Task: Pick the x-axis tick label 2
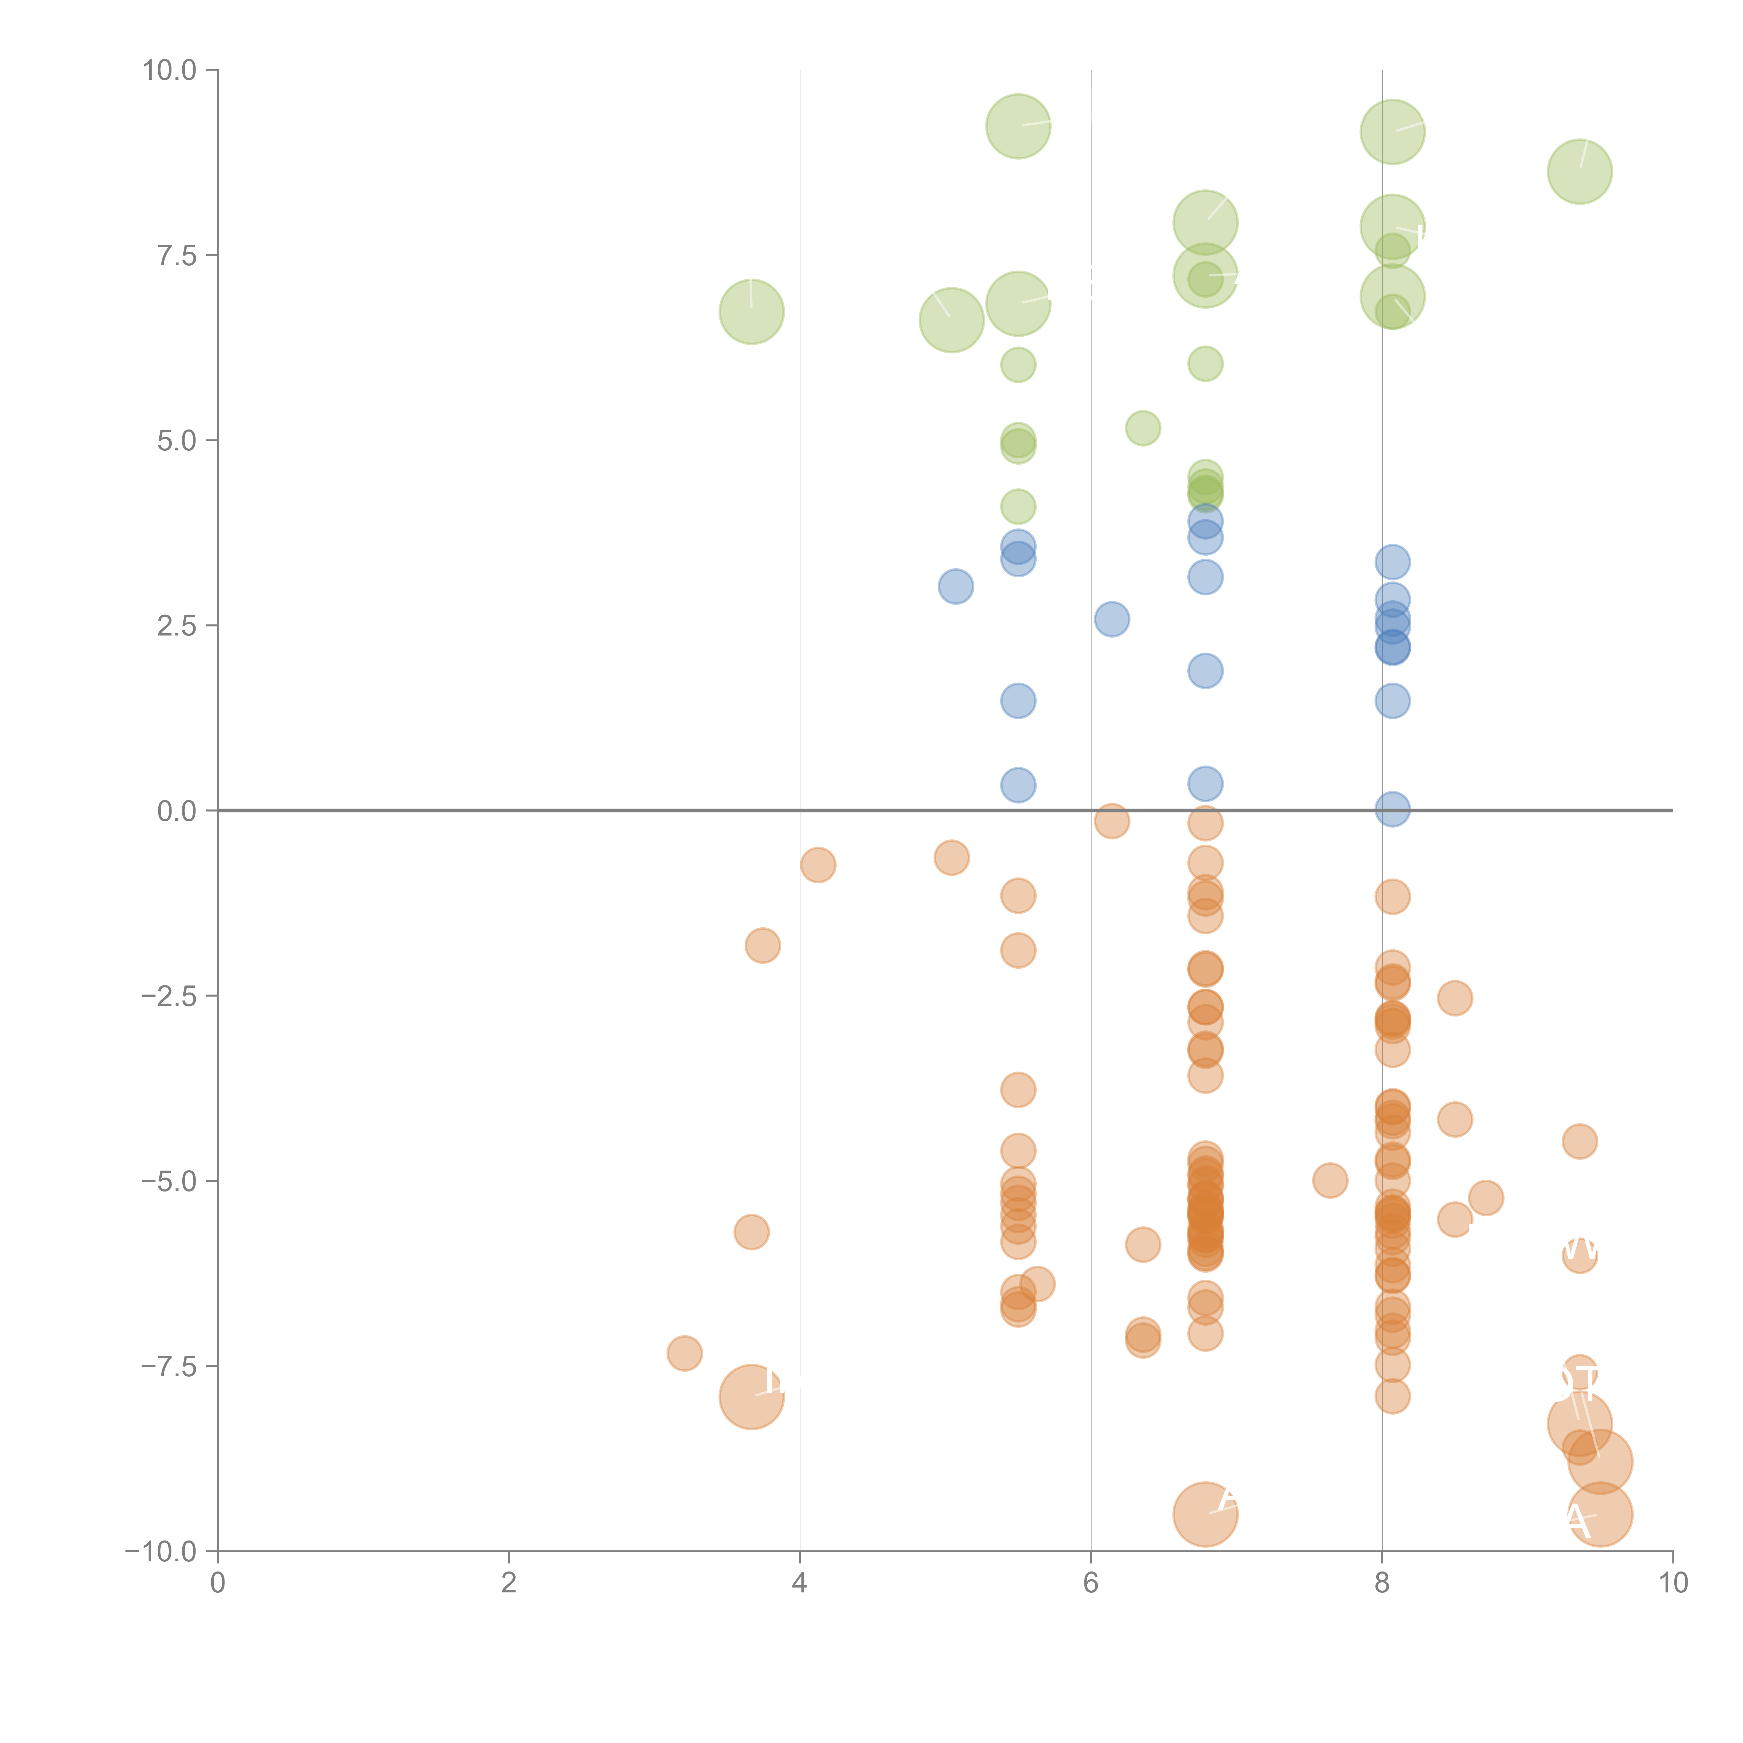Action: [509, 1583]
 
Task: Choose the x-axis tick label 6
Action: [1091, 1583]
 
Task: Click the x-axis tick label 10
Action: [1673, 1583]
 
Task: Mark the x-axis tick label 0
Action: [218, 1583]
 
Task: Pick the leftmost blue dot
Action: [956, 586]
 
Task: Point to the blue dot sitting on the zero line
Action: [1392, 809]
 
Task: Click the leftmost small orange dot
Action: [685, 1353]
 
